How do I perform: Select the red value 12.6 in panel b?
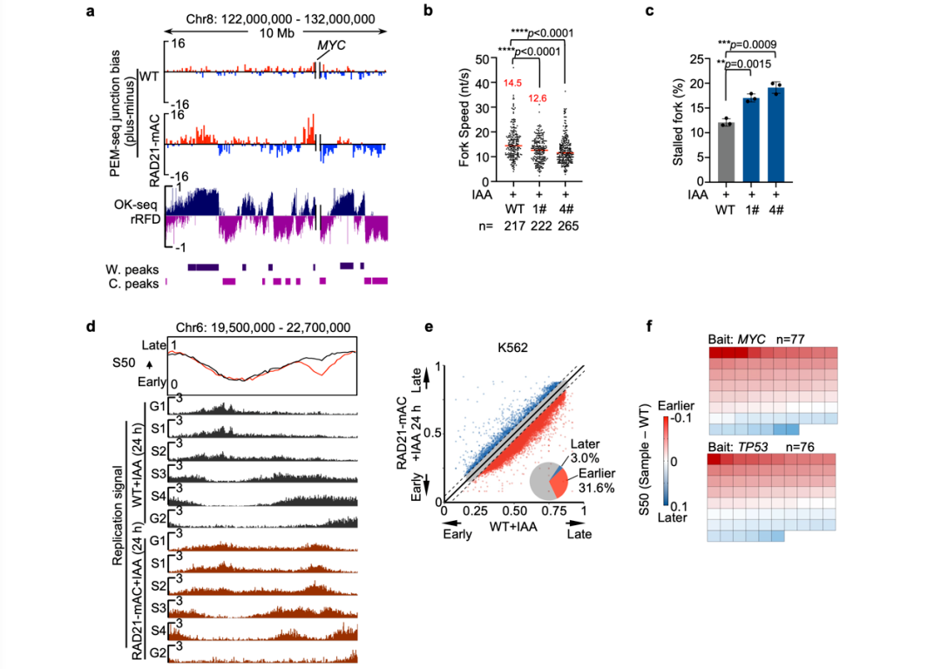[x=538, y=98]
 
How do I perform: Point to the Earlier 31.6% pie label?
[x=593, y=481]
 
